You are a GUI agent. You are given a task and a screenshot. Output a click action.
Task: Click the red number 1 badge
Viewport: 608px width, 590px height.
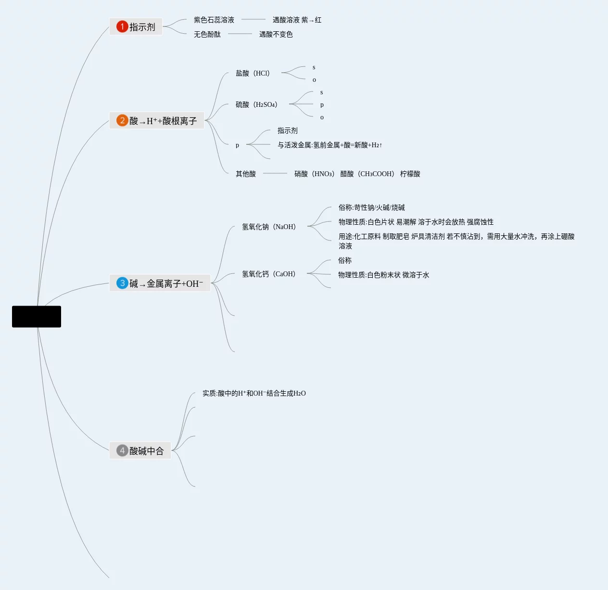[x=122, y=26]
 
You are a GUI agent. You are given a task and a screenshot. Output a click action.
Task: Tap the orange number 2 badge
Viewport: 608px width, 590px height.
[x=122, y=120]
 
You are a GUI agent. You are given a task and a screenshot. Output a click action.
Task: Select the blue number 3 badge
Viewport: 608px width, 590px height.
[x=122, y=283]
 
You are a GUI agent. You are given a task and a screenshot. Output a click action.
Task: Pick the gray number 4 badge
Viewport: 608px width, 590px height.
[x=122, y=450]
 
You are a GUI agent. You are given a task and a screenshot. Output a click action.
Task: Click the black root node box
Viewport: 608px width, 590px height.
[x=37, y=317]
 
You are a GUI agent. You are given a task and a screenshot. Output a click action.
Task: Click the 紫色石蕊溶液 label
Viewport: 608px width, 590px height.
[x=214, y=20]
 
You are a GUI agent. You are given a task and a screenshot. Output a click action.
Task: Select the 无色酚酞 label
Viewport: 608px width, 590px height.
[x=207, y=34]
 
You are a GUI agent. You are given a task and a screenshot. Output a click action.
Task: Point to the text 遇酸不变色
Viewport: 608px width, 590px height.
[x=276, y=34]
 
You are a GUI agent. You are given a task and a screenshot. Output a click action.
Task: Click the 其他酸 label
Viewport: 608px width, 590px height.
[x=246, y=174]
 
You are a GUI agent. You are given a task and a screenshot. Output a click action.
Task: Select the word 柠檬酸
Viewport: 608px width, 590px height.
[x=410, y=174]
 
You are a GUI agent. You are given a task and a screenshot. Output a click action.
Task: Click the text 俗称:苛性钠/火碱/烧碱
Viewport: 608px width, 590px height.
[x=372, y=207]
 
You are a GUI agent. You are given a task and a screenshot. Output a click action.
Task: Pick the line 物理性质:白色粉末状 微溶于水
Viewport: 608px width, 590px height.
[x=383, y=275]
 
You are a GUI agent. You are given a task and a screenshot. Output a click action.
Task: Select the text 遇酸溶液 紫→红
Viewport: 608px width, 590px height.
[x=297, y=20]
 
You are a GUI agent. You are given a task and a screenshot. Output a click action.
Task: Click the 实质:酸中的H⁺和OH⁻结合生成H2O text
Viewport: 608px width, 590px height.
[x=254, y=393]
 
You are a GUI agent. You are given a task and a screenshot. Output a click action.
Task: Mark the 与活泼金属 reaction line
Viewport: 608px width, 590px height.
[x=329, y=145]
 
